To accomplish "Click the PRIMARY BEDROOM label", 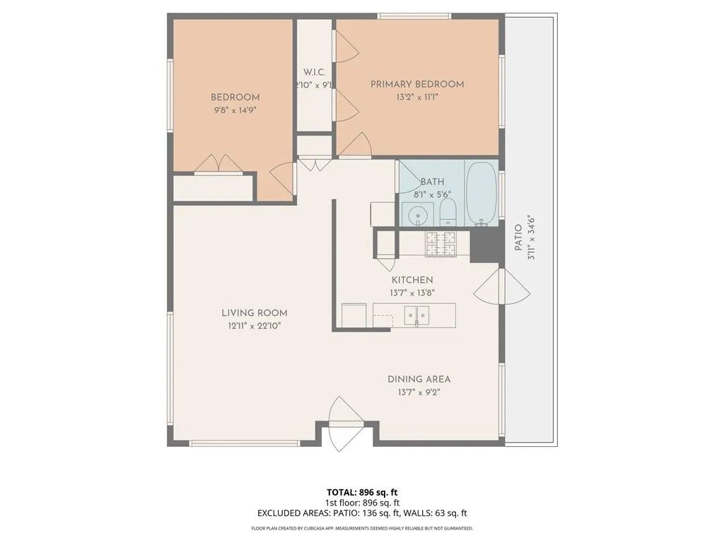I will (417, 84).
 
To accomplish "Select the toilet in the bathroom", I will (448, 211).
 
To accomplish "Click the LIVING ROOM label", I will (254, 313).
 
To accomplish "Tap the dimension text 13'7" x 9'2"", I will (419, 392).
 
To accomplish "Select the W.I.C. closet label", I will (314, 72).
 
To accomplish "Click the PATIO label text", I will (518, 238).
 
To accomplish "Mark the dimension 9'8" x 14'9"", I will (235, 110).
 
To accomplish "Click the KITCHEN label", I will (412, 280).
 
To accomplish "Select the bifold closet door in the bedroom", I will (218, 164).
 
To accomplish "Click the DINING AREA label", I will (419, 379).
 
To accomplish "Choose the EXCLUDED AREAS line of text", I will (361, 514).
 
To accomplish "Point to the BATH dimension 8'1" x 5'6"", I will (432, 194).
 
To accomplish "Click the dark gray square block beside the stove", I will (484, 245).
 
